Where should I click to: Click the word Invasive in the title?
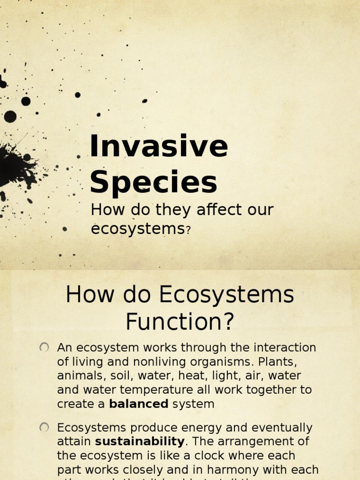click(x=158, y=146)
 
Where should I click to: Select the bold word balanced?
click(x=138, y=404)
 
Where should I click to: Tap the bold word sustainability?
click(x=140, y=441)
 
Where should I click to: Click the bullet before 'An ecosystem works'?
click(x=44, y=347)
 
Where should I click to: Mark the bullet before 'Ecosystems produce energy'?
click(x=44, y=427)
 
